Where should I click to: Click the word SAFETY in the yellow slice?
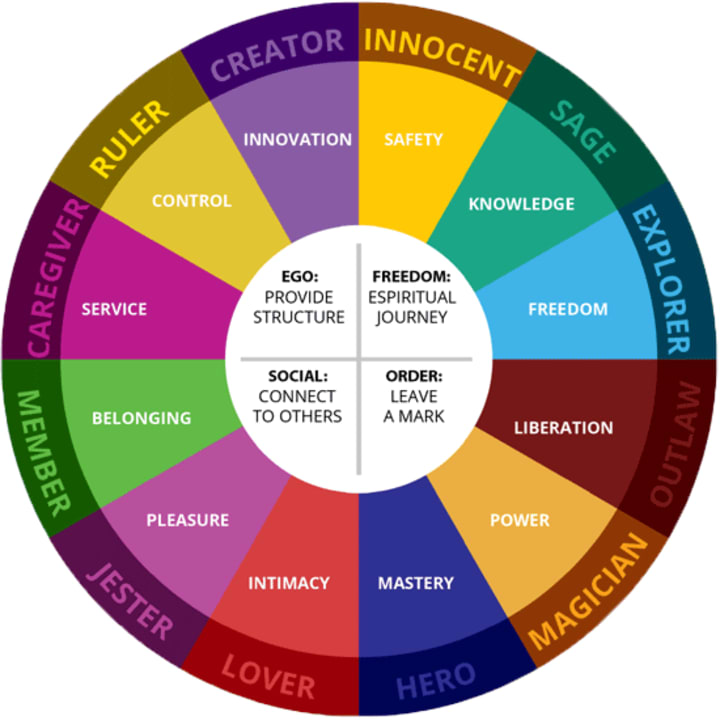click(x=413, y=140)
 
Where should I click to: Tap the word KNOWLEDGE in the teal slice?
click(x=522, y=204)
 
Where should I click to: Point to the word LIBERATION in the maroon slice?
click(x=563, y=428)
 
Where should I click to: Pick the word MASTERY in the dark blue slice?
click(x=415, y=583)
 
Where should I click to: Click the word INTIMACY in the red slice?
click(x=288, y=583)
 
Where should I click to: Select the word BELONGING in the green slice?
click(x=141, y=418)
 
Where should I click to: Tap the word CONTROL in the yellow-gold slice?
click(x=191, y=201)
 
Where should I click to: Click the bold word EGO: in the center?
click(x=298, y=276)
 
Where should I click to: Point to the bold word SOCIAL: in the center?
click(x=298, y=377)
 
